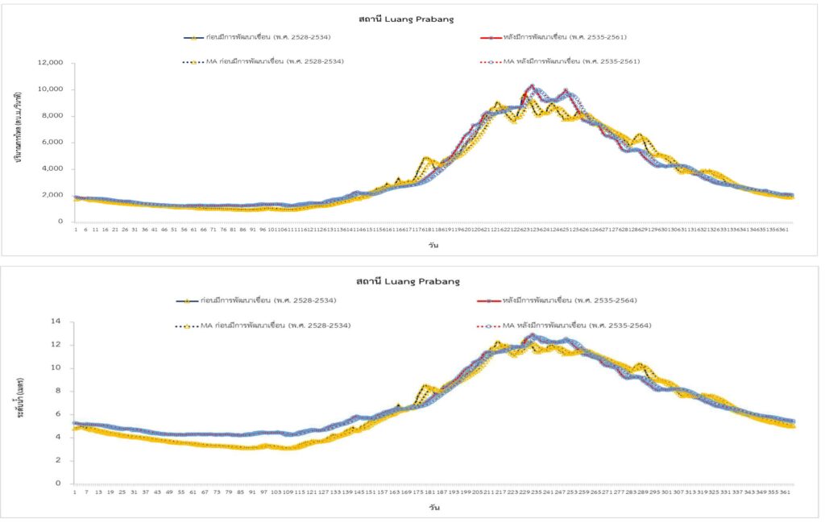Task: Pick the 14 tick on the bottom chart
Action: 57,322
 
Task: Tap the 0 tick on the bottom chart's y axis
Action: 60,484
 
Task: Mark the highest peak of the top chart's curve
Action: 531,85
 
